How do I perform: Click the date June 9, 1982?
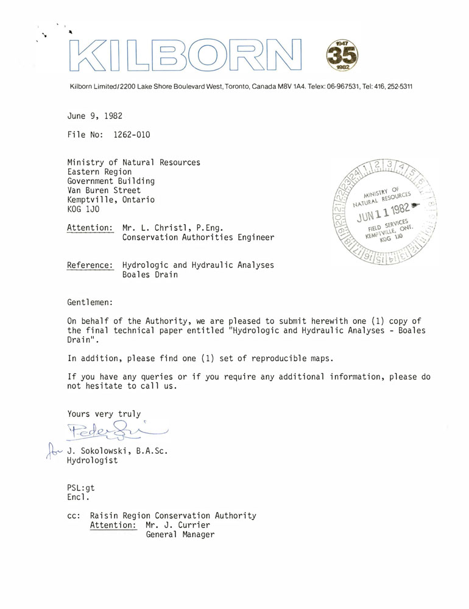pyautogui.click(x=95, y=114)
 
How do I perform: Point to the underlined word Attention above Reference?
pyautogui.click(x=90, y=228)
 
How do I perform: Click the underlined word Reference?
pyautogui.click(x=90, y=265)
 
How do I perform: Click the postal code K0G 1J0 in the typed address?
pyautogui.click(x=85, y=209)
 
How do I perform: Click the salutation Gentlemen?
pyautogui.click(x=90, y=301)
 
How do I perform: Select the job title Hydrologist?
pyautogui.click(x=93, y=460)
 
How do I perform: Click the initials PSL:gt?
pyautogui.click(x=81, y=487)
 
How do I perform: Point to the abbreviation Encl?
pyautogui.click(x=79, y=497)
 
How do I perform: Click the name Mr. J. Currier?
pyautogui.click(x=179, y=525)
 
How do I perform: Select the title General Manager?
pyautogui.click(x=180, y=535)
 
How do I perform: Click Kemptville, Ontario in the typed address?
pyautogui.click(x=111, y=200)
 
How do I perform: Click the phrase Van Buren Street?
pyautogui.click(x=104, y=190)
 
